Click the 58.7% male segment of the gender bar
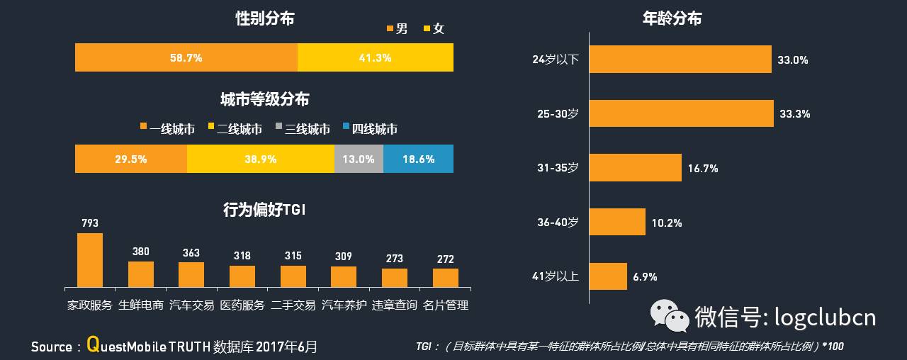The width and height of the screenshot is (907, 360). (x=186, y=57)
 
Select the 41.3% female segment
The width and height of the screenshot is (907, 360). (x=376, y=57)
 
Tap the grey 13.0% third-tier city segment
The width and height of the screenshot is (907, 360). (x=359, y=159)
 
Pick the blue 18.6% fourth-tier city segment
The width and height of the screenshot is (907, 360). (x=418, y=159)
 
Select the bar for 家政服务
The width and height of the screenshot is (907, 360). (x=90, y=259)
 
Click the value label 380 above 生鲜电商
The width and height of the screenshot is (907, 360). (x=141, y=252)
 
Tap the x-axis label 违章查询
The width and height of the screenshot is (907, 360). (x=395, y=305)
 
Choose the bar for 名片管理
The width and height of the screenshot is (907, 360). (x=446, y=277)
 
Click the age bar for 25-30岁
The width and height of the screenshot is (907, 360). (x=681, y=113)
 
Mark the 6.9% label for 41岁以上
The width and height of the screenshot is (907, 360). (x=645, y=276)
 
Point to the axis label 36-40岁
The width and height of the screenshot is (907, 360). (x=558, y=223)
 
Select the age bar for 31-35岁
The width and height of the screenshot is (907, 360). (x=635, y=168)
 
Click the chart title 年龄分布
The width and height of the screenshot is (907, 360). (x=672, y=19)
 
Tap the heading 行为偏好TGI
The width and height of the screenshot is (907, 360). (x=264, y=210)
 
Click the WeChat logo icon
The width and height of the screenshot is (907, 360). (x=670, y=315)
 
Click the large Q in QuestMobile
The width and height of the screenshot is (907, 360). (x=92, y=344)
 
